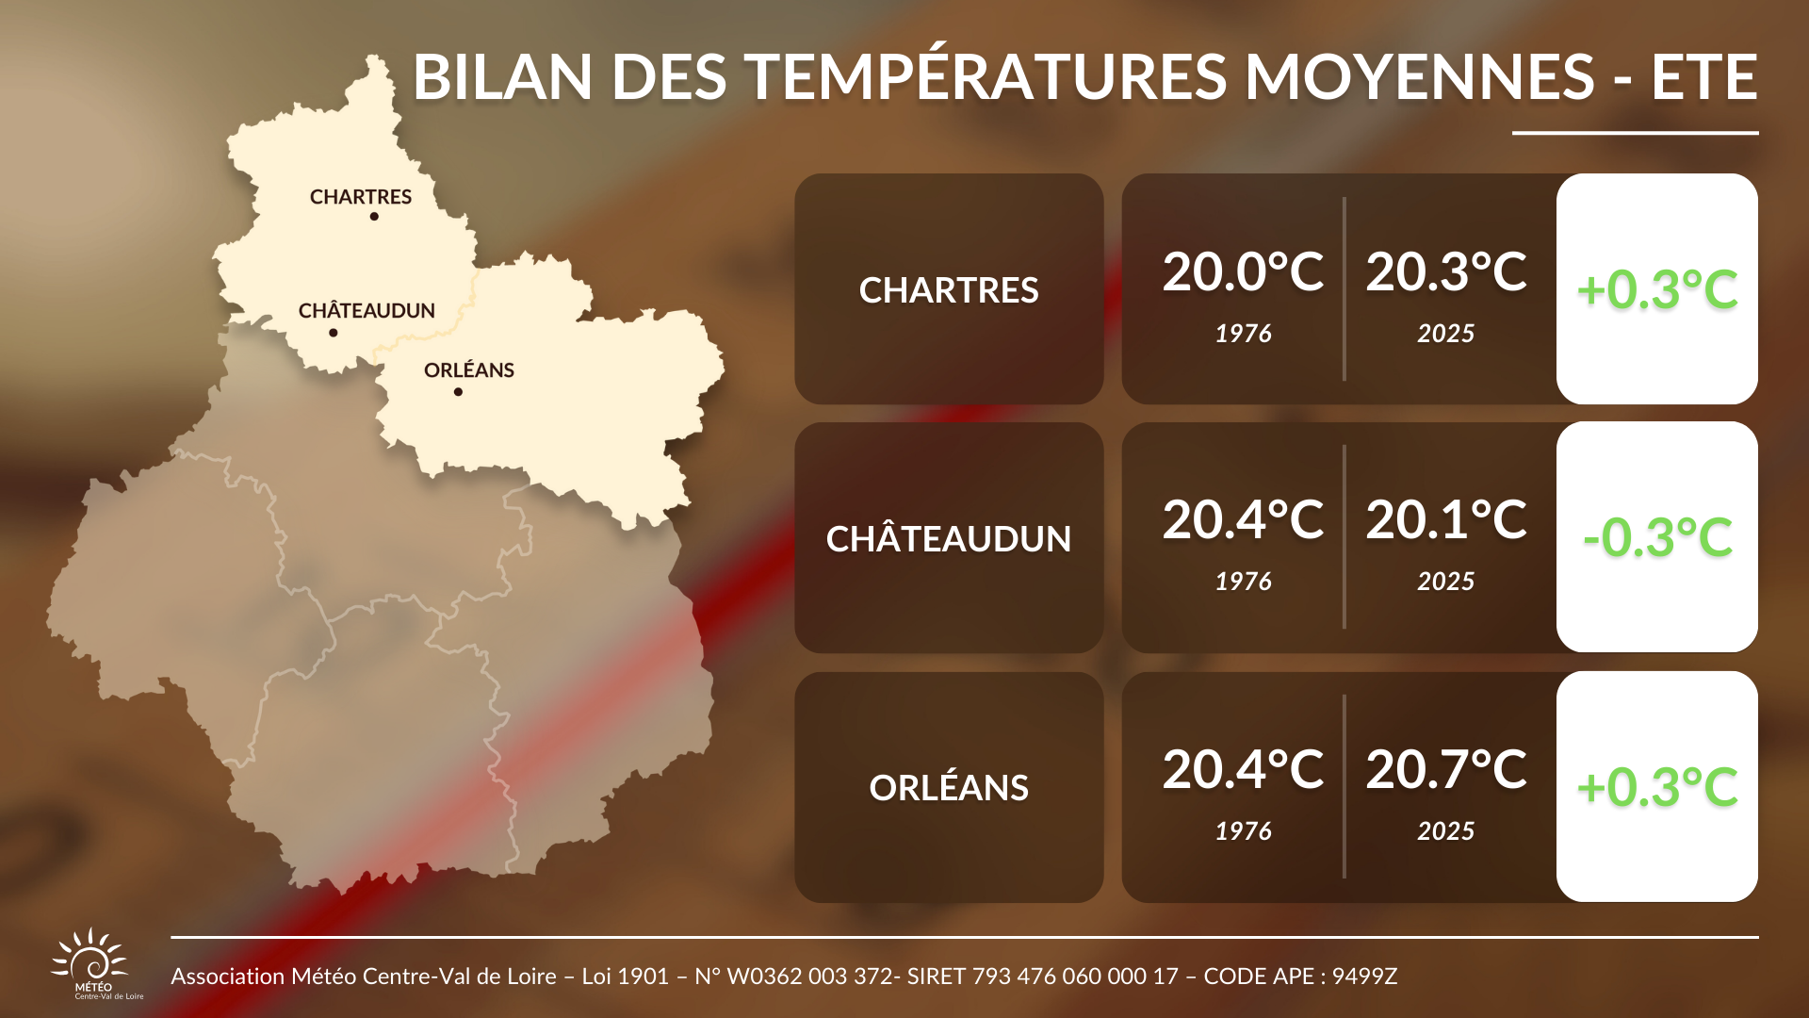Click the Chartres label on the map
(361, 197)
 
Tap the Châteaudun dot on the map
(334, 333)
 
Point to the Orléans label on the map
(469, 370)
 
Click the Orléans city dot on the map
(458, 392)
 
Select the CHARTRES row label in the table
(949, 290)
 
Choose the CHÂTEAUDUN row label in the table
(949, 538)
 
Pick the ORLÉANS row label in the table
(949, 787)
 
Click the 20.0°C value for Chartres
(1244, 271)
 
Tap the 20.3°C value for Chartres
(1446, 271)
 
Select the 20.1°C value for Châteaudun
(1446, 519)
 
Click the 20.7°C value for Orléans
(1446, 769)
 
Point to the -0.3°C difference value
(1657, 537)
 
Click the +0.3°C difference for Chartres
(1657, 289)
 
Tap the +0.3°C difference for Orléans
(1657, 787)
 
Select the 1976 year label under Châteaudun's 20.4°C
(1244, 582)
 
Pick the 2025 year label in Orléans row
(1446, 831)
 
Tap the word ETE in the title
(1704, 76)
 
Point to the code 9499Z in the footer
(1364, 977)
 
